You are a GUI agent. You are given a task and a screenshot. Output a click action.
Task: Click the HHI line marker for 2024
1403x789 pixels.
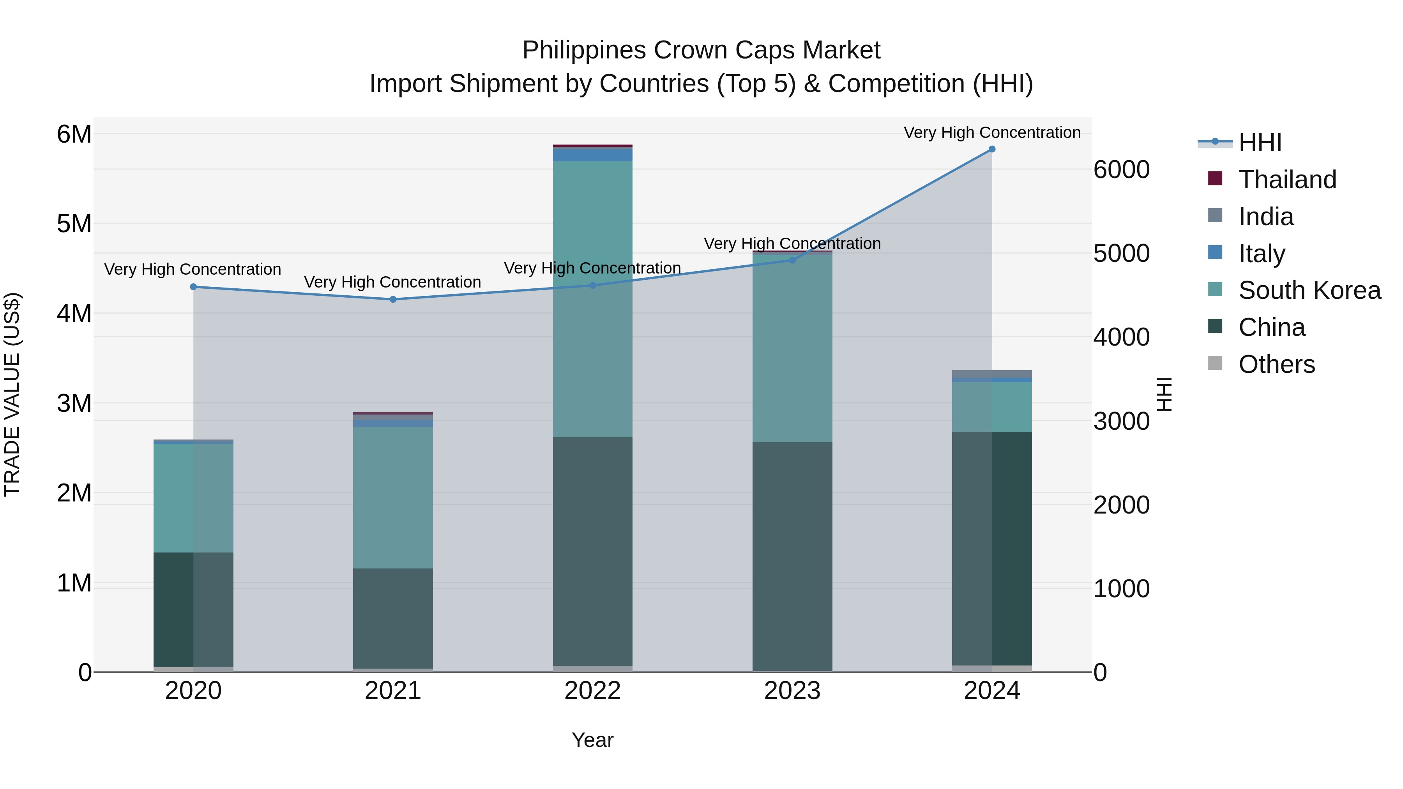992,149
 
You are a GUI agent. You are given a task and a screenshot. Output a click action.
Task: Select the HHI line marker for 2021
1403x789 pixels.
393,300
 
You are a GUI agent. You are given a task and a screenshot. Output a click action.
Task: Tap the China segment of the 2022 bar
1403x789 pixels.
592,550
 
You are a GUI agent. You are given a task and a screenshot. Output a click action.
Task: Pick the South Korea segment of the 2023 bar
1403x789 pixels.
792,348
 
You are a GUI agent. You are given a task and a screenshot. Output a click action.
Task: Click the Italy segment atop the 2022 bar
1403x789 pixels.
592,155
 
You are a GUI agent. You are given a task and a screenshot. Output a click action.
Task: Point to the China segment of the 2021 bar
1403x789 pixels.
393,618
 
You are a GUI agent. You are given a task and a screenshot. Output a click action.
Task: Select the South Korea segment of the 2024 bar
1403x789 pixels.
992,407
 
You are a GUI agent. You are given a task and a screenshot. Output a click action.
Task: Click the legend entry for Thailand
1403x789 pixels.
1287,180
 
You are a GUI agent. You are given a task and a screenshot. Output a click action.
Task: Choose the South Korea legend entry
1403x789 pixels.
1309,290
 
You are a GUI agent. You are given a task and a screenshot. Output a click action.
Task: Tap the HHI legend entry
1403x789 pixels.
1259,143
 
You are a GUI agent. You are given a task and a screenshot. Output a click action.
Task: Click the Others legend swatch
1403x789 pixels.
1215,363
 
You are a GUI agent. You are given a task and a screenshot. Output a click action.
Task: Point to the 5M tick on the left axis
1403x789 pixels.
74,224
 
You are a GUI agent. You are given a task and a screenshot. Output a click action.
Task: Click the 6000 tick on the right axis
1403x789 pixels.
1121,170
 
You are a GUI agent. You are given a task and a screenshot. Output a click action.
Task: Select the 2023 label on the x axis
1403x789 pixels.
792,691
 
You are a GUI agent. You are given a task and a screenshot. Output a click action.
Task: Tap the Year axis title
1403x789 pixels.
592,740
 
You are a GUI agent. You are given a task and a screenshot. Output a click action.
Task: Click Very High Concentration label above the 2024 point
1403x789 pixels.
992,132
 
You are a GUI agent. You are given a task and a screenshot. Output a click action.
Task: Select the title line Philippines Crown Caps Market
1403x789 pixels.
701,50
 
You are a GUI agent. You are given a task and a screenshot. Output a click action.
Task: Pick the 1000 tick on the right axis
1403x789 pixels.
1121,589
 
